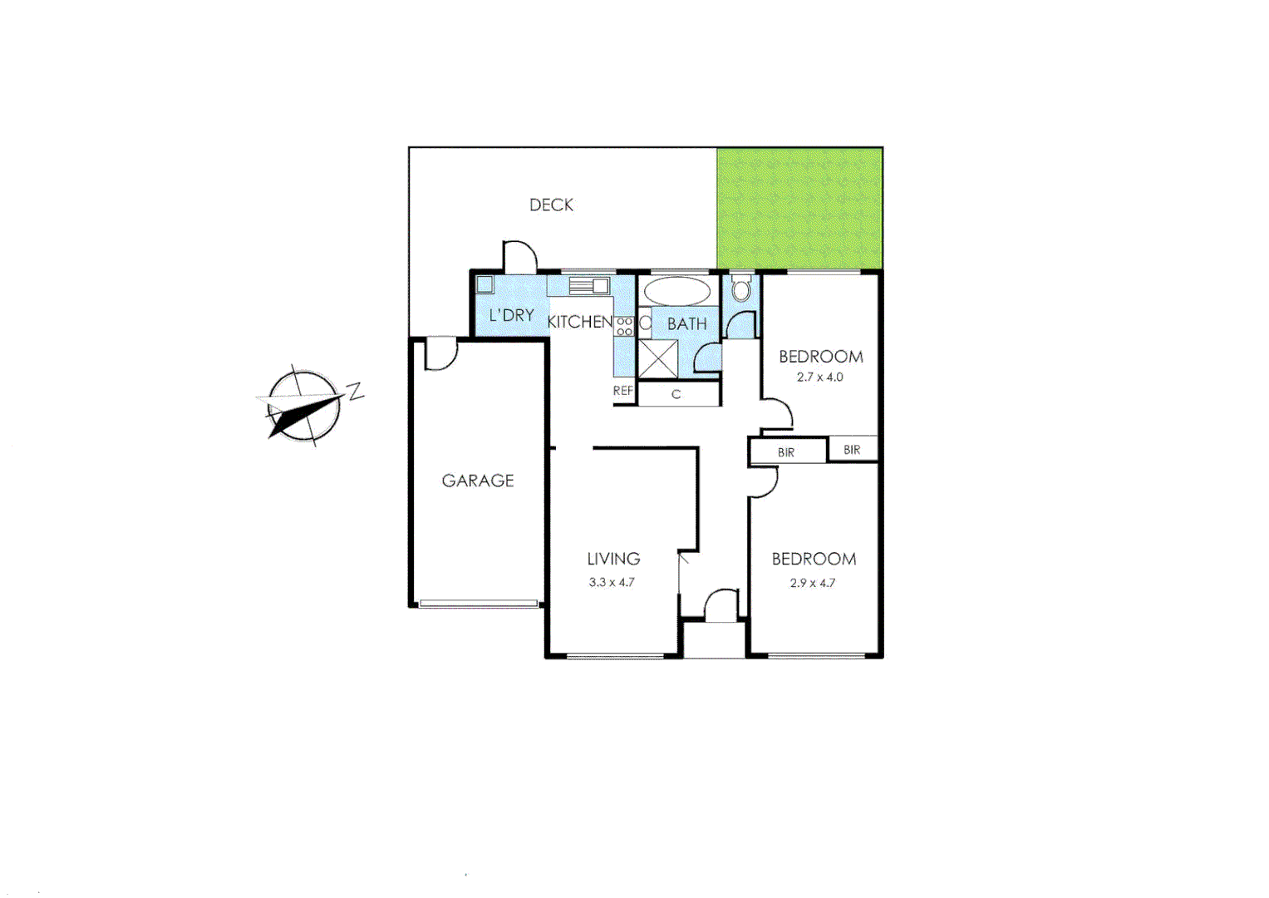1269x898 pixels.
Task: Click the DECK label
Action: tap(551, 205)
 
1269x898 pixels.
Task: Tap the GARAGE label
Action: tap(478, 481)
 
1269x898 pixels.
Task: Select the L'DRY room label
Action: tap(511, 315)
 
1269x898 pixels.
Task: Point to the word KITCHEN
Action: tap(579, 322)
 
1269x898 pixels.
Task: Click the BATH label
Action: tap(687, 323)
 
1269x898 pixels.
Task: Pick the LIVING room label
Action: tap(613, 559)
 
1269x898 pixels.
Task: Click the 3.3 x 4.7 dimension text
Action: tap(612, 582)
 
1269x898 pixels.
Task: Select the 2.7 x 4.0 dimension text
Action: tap(819, 377)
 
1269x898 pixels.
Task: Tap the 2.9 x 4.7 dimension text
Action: tap(813, 583)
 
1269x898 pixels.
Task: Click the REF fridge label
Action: tap(623, 391)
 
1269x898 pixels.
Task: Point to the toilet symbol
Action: tap(741, 289)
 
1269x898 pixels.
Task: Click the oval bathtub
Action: tap(677, 291)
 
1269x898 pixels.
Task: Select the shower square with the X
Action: tap(658, 359)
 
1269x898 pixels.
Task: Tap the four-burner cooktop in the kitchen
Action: tap(625, 326)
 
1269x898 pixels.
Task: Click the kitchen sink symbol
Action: tap(589, 286)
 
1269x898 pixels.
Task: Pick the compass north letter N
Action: tap(356, 390)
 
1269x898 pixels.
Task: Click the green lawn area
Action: tap(799, 208)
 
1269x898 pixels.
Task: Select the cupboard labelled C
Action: tap(677, 394)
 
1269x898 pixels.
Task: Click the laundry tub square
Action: tap(485, 284)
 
